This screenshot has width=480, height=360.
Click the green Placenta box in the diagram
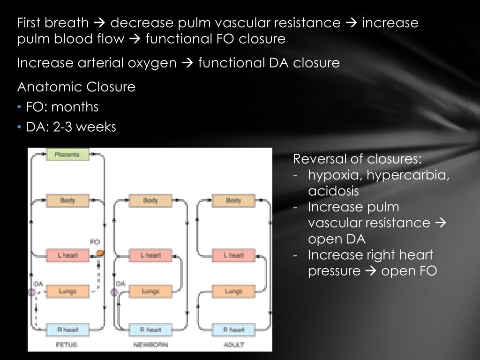67,154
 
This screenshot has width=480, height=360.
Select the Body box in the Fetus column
67,201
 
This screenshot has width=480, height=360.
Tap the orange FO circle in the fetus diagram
99,253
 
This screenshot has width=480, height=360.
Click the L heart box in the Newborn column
150,255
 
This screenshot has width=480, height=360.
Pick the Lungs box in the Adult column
233,292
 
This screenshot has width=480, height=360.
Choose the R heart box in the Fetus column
67,330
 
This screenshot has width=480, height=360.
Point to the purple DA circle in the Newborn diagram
113,292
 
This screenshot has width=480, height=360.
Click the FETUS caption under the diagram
67,345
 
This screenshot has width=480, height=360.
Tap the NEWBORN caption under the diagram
150,345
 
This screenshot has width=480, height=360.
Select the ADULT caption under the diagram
233,345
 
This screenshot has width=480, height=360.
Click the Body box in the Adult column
233,201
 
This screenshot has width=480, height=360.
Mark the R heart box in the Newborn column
150,330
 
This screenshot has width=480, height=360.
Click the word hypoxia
335,175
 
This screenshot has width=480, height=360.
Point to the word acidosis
333,191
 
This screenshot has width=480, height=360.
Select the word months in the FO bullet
75,107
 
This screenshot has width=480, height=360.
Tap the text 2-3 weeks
84,127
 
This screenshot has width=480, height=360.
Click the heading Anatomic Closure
76,87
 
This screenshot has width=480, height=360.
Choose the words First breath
52,22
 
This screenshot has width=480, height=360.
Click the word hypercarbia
408,175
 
